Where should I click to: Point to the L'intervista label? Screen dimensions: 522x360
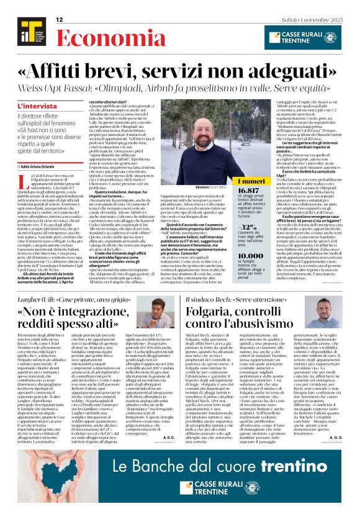tap(34, 107)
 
